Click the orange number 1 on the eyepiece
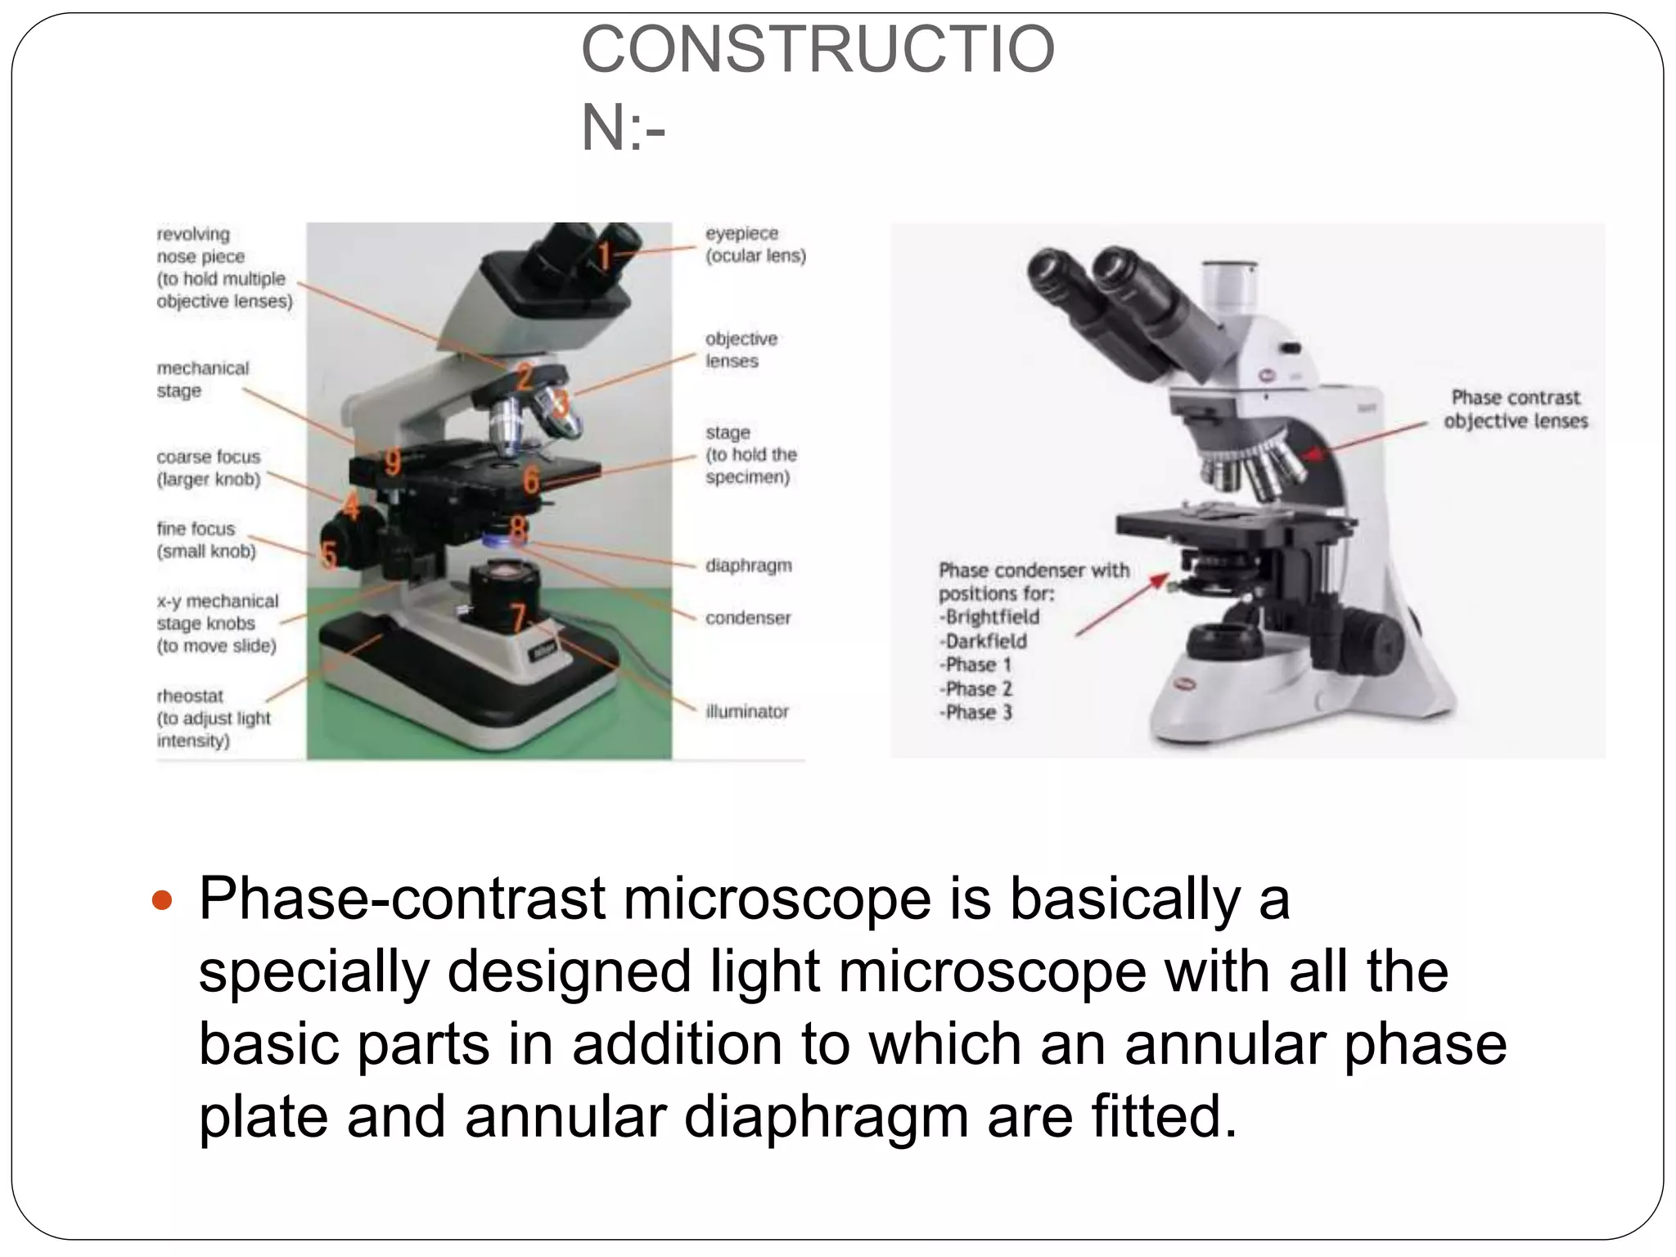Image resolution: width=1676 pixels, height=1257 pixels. point(604,256)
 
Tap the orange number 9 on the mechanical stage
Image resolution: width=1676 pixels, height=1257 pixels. point(393,462)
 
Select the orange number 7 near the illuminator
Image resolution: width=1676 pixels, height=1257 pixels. point(517,617)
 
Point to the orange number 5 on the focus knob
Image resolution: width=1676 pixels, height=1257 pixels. point(329,555)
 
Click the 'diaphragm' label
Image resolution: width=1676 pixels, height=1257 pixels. point(748,565)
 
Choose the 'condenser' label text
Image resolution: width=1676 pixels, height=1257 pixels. point(748,618)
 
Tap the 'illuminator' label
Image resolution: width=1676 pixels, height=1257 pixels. point(747,711)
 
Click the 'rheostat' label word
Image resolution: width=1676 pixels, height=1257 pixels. point(190,696)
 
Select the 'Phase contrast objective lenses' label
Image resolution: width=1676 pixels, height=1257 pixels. point(1516,409)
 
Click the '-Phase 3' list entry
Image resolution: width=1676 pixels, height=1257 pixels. point(976,712)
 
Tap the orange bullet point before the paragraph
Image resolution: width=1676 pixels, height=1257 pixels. point(163,901)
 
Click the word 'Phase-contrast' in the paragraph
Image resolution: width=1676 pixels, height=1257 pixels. point(402,899)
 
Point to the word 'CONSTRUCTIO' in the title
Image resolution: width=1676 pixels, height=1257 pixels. point(818,50)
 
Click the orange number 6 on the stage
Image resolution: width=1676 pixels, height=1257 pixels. point(531,480)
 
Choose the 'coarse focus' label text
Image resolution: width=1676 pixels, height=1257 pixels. point(208,457)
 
